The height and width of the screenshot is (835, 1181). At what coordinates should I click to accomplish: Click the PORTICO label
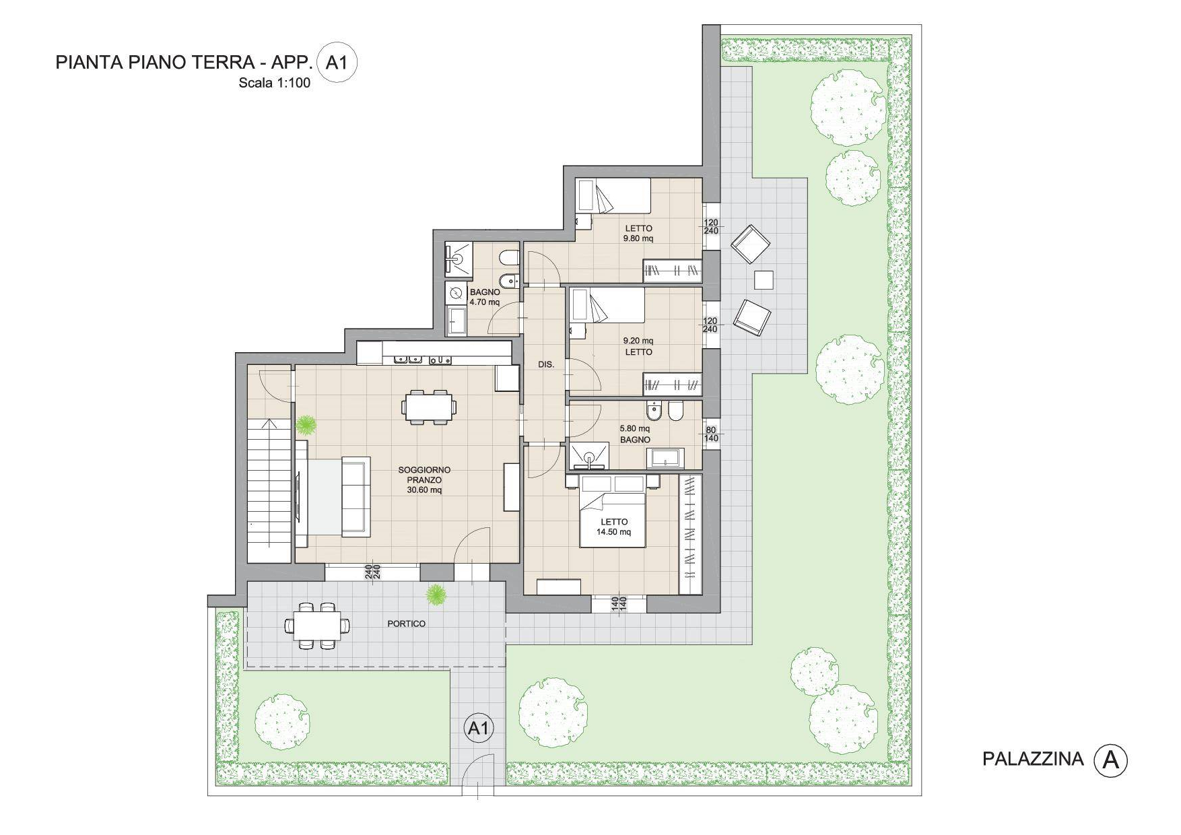click(x=406, y=624)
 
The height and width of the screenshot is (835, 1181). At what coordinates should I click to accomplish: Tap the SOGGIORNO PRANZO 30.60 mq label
click(x=424, y=479)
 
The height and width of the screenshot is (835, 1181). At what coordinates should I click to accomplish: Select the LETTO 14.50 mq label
click(x=614, y=527)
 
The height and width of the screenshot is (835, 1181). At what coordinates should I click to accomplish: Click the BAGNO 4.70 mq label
click(x=485, y=297)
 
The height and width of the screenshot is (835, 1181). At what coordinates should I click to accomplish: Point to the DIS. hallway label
click(x=546, y=364)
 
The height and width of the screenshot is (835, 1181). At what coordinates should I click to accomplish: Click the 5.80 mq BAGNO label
click(x=635, y=434)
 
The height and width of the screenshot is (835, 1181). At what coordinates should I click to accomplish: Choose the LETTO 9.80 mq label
click(x=638, y=233)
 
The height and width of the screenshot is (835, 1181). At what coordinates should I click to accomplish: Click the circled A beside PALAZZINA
click(x=1110, y=760)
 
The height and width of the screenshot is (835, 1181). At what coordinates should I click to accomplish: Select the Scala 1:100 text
click(x=274, y=84)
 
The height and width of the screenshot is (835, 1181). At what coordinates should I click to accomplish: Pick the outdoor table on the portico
click(x=317, y=626)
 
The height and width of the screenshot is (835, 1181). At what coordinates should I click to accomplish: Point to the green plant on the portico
click(x=436, y=594)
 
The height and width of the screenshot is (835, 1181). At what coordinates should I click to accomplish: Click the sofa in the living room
click(x=356, y=496)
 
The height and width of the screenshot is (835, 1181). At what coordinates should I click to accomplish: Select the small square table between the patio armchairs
click(x=764, y=279)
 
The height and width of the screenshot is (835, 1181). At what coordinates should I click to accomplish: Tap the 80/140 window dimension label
click(x=711, y=434)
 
